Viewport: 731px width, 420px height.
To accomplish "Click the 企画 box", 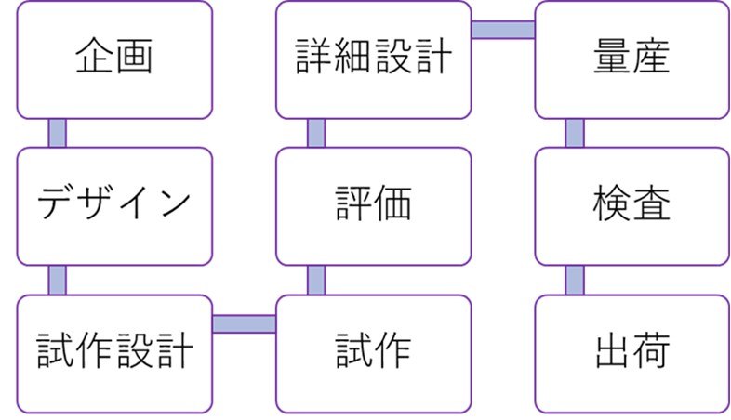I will (114, 59).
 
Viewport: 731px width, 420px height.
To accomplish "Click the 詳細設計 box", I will (373, 59).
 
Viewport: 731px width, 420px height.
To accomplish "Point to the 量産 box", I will (631, 59).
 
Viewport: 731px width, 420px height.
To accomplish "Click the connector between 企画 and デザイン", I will (58, 133).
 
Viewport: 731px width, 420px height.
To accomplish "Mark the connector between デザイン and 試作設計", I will (58, 280).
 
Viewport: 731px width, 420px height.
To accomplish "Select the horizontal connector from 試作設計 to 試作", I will (244, 323).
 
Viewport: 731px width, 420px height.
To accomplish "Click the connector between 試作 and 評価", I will (316, 280).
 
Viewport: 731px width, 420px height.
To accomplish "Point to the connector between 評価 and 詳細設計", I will (316, 133).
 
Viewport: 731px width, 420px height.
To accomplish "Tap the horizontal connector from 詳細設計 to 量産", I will (502, 30).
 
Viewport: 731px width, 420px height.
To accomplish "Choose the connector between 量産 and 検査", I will (575, 133).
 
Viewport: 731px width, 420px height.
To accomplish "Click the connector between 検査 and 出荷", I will (575, 280).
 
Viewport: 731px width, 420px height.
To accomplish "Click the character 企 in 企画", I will (94, 59).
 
